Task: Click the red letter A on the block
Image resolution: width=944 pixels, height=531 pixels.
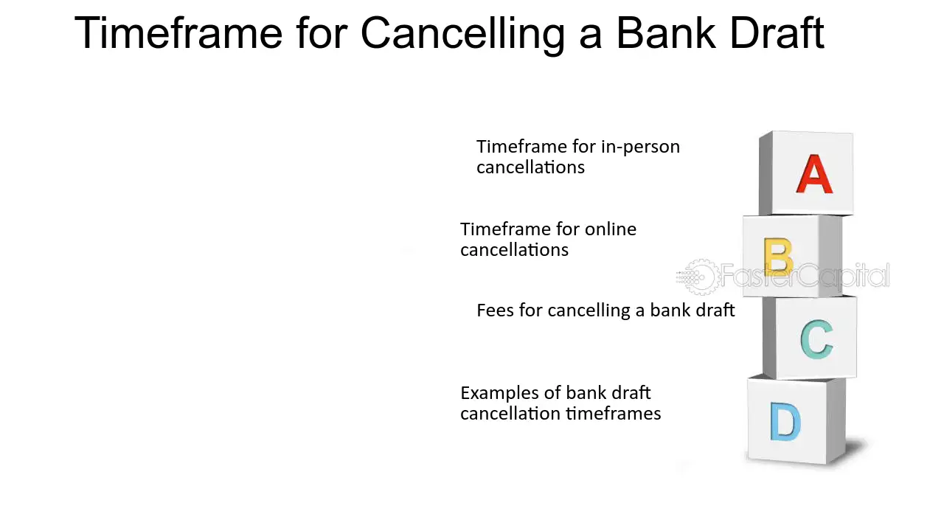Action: pyautogui.click(x=814, y=174)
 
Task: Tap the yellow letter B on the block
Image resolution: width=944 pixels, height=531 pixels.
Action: pyautogui.click(x=778, y=256)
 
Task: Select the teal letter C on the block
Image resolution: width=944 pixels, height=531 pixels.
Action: pyautogui.click(x=816, y=339)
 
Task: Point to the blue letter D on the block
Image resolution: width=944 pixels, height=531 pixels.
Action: pyautogui.click(x=785, y=421)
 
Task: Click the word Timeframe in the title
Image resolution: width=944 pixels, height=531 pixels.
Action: pyautogui.click(x=178, y=33)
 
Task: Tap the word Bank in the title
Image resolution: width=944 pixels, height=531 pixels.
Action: pyautogui.click(x=665, y=33)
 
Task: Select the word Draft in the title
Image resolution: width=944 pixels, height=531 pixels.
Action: pyautogui.click(x=777, y=33)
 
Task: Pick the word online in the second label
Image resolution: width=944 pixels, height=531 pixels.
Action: pyautogui.click(x=610, y=229)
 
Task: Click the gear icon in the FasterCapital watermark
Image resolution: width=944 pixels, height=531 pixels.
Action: pyautogui.click(x=700, y=277)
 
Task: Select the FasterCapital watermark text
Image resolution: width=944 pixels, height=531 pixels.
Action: pyautogui.click(x=805, y=275)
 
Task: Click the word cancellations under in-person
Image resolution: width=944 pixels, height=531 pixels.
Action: pyautogui.click(x=530, y=167)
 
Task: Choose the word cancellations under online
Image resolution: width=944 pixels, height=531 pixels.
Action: pyautogui.click(x=514, y=250)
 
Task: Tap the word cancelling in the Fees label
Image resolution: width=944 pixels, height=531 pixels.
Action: pyautogui.click(x=589, y=310)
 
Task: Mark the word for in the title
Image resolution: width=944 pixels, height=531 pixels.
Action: pyautogui.click(x=322, y=33)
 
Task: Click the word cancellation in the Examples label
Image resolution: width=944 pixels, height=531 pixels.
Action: pyautogui.click(x=511, y=414)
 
